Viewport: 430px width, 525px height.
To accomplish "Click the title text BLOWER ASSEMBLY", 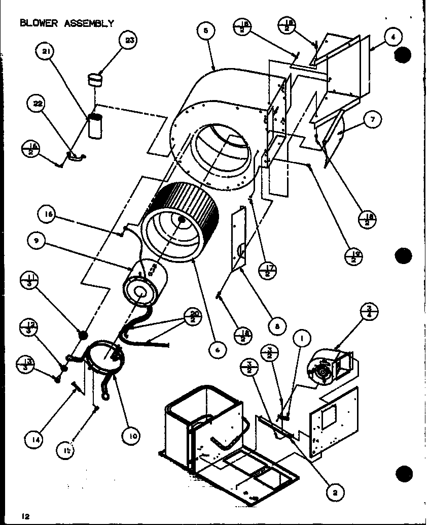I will [x=66, y=23].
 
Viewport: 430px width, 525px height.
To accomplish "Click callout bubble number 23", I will [x=129, y=41].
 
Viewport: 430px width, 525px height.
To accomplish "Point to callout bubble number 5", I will [x=205, y=31].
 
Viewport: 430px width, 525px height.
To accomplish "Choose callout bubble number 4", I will [x=393, y=36].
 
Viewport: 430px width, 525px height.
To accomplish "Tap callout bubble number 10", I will [x=131, y=435].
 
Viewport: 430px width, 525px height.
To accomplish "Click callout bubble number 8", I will [x=277, y=327].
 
